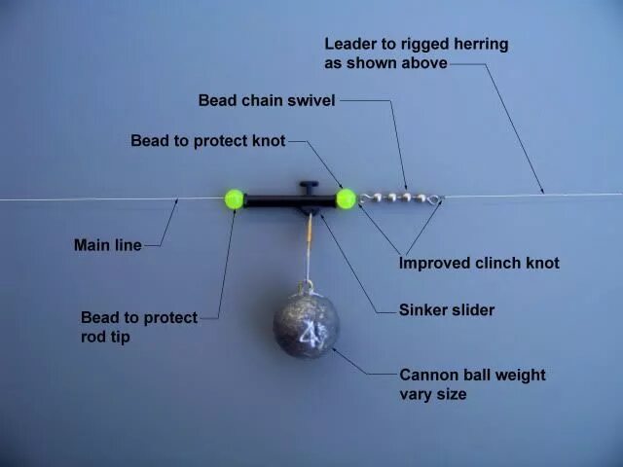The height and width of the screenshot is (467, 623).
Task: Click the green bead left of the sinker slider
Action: point(234,199)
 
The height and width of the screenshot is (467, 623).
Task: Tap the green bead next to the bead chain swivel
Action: point(346,199)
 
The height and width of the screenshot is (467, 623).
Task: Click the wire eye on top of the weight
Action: point(305,287)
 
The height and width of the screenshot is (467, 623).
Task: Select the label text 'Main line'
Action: point(107,245)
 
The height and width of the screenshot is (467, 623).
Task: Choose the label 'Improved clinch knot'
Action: point(479,263)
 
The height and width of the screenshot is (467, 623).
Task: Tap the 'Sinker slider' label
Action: point(447,310)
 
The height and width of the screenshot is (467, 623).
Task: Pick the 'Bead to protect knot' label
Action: point(207,141)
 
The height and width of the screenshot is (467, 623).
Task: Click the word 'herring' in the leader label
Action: point(478,45)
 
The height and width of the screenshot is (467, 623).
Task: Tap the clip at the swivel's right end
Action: point(434,200)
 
